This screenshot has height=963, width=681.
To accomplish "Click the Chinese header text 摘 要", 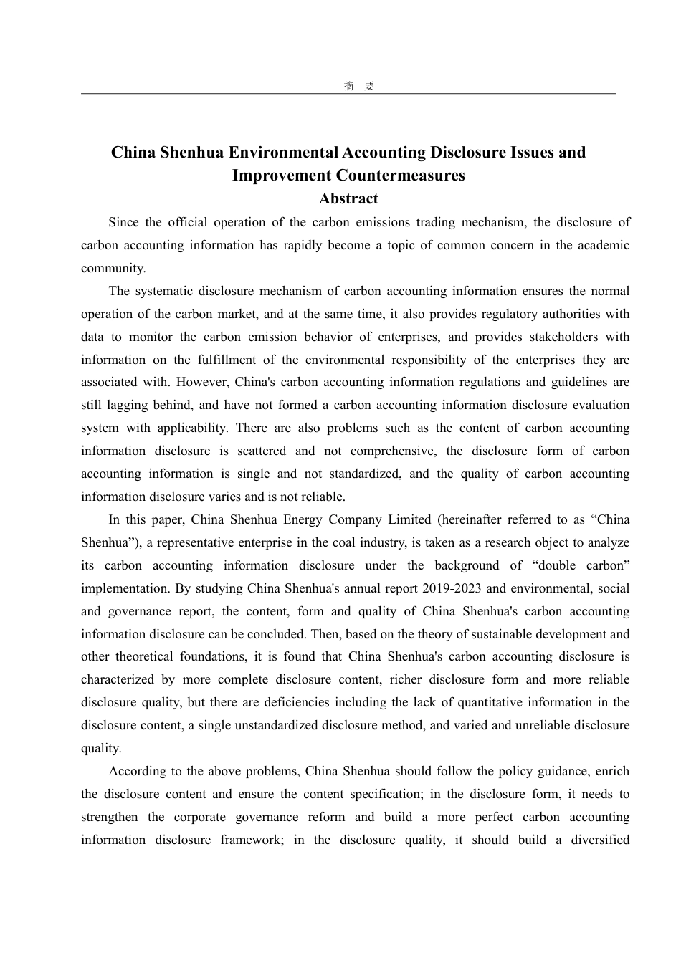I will [x=359, y=86].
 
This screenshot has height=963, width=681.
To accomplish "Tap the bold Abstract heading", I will [x=348, y=198].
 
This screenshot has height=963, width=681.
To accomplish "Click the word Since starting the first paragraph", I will [x=123, y=222].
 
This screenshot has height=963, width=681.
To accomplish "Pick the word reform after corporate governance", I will [x=326, y=817].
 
